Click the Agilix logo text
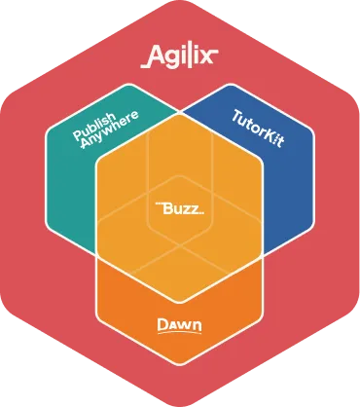coord(180,53)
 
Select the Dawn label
coord(180,321)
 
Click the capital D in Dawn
coord(164,320)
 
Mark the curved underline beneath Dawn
coord(180,331)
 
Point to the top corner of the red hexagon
coord(180,3)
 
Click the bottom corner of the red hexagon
coord(180,403)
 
